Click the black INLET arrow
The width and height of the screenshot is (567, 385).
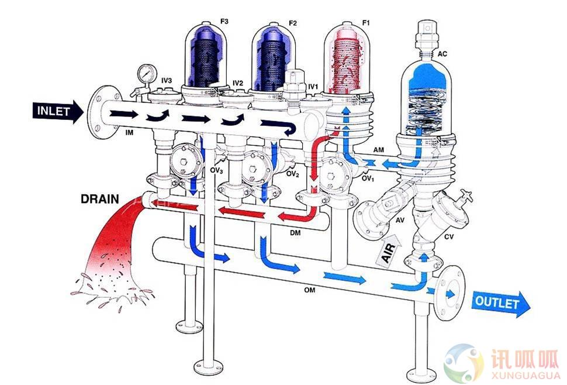click(x=58, y=111)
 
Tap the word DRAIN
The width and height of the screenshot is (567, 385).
click(x=100, y=199)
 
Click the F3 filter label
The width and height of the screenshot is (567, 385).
click(x=224, y=21)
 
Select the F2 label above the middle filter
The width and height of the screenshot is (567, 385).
click(x=292, y=23)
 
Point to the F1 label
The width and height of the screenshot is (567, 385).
click(x=366, y=23)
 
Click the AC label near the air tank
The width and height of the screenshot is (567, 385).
click(x=442, y=54)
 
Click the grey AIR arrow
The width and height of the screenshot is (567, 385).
click(x=389, y=250)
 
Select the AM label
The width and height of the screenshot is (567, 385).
click(x=379, y=150)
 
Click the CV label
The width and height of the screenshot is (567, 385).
click(x=449, y=236)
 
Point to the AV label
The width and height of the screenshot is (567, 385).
click(x=400, y=220)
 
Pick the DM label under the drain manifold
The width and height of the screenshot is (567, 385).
click(x=295, y=233)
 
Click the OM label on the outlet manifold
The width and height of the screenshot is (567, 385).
click(x=309, y=290)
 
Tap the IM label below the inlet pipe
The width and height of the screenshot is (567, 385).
click(x=129, y=133)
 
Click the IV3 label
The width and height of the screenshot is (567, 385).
click(x=167, y=80)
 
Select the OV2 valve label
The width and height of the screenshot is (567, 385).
click(x=293, y=174)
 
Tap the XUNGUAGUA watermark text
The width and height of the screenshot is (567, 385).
click(x=525, y=374)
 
